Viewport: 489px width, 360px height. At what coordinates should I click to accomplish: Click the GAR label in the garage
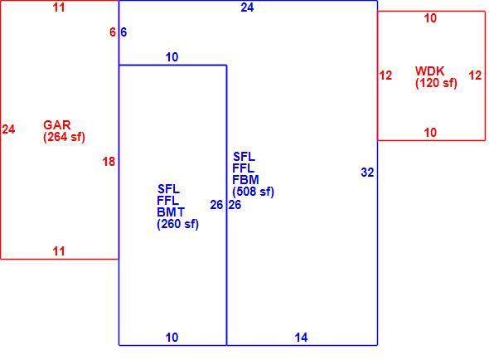pyautogui.click(x=57, y=125)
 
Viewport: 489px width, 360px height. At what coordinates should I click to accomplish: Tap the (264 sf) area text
pyautogui.click(x=65, y=137)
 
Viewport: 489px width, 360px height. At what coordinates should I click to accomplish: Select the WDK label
pyautogui.click(x=429, y=71)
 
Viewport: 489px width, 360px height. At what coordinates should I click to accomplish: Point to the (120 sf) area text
pyautogui.click(x=436, y=83)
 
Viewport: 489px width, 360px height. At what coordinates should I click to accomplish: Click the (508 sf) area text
pyautogui.click(x=254, y=192)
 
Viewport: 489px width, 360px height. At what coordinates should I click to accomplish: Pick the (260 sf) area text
pyautogui.click(x=177, y=224)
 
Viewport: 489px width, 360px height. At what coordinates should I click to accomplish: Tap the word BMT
pyautogui.click(x=171, y=212)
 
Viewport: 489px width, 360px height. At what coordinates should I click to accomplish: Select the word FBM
pyautogui.click(x=246, y=180)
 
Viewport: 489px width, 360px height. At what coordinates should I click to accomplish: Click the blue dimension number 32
pyautogui.click(x=367, y=173)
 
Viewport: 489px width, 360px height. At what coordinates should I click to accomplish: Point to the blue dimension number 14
pyautogui.click(x=301, y=338)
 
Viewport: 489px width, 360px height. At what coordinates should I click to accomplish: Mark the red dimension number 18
pyautogui.click(x=109, y=162)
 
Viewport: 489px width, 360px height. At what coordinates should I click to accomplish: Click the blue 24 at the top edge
pyautogui.click(x=247, y=7)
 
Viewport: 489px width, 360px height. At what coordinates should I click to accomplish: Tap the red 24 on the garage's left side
pyautogui.click(x=8, y=129)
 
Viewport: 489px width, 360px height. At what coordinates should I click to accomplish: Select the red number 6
pyautogui.click(x=113, y=32)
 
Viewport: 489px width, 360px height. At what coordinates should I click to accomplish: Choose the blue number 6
pyautogui.click(x=123, y=32)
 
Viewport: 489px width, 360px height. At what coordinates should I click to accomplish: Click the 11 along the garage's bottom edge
pyautogui.click(x=59, y=251)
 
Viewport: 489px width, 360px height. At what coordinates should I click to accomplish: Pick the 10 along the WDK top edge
pyautogui.click(x=430, y=18)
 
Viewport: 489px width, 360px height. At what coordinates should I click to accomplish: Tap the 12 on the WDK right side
pyautogui.click(x=475, y=75)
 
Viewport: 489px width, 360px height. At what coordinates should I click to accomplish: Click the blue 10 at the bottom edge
pyautogui.click(x=172, y=338)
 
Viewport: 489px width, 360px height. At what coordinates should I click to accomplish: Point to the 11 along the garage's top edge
pyautogui.click(x=59, y=7)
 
